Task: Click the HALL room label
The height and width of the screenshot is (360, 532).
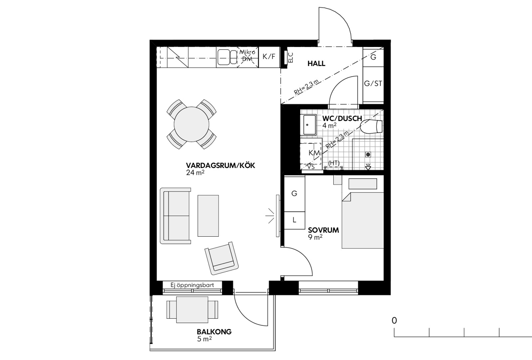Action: pos(317,64)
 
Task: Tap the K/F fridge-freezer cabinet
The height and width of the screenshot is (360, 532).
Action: pos(269,57)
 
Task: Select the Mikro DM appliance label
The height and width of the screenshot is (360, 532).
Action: pos(247,55)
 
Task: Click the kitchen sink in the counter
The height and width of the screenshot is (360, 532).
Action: pos(227,57)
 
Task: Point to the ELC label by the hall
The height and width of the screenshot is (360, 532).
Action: pos(290,58)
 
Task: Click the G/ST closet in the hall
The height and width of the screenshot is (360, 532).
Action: pos(373,84)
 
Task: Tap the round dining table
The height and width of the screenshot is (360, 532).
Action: pos(192,124)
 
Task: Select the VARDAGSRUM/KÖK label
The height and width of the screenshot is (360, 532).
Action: pos(220,165)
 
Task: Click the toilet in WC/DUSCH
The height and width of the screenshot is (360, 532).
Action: pos(371,126)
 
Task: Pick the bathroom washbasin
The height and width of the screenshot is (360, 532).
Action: pos(308,125)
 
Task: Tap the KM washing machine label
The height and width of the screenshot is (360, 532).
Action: pos(314,153)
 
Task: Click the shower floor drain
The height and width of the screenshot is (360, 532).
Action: pos(368,155)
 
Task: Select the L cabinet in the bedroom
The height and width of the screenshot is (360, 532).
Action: pos(294,220)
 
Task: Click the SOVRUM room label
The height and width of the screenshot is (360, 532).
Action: pos(324,230)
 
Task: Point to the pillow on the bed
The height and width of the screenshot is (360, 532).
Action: pos(363,184)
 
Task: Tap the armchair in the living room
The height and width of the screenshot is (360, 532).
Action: pos(222,258)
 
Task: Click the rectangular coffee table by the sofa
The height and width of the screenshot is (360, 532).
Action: pos(208,216)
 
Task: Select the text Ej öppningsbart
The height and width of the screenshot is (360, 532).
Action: pos(192,285)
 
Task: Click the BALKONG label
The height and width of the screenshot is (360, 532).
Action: pos(214,332)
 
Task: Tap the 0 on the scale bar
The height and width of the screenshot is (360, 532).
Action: pos(394,321)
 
